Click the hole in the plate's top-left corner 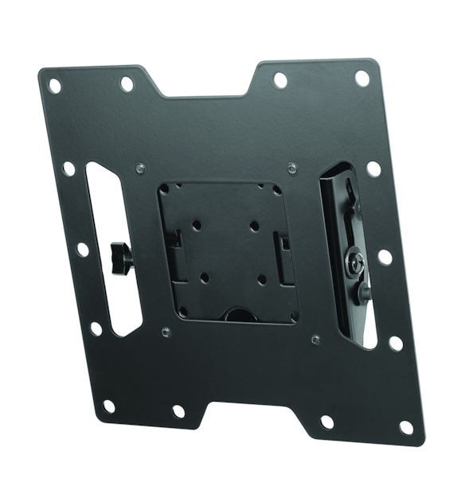point(54,82)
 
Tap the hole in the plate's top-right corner point(362,78)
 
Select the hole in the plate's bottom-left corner point(109,406)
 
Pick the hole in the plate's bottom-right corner point(406,427)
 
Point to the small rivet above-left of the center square point(140,168)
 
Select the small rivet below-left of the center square point(163,331)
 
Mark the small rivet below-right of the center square point(315,338)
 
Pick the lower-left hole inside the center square point(205,278)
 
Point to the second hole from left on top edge point(126,83)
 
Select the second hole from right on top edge point(280,80)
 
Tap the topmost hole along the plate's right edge point(373,169)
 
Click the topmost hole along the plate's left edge point(69,169)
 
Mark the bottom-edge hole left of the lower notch point(178,411)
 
